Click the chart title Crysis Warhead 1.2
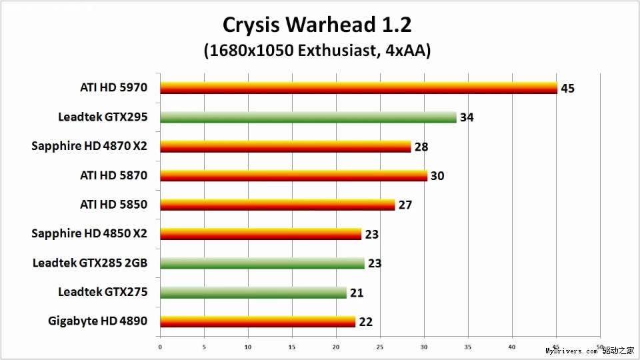pyautogui.click(x=317, y=25)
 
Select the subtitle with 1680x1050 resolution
pyautogui.click(x=317, y=51)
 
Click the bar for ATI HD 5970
pyautogui.click(x=359, y=88)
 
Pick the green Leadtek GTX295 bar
pyautogui.click(x=308, y=117)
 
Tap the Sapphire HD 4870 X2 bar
pyautogui.click(x=285, y=147)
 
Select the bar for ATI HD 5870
pyautogui.click(x=293, y=176)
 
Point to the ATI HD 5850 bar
pyautogui.click(x=277, y=205)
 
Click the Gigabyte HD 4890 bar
pyautogui.click(x=257, y=322)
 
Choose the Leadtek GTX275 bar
pyautogui.click(x=253, y=293)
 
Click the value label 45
pyautogui.click(x=568, y=88)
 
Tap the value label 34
pyautogui.click(x=467, y=117)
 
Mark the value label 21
pyautogui.click(x=357, y=293)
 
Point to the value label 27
pyautogui.click(x=405, y=205)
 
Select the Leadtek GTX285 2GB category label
pyautogui.click(x=90, y=263)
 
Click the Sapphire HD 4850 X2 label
pyautogui.click(x=89, y=234)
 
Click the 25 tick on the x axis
pyautogui.click(x=380, y=347)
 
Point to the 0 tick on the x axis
pyautogui.click(x=160, y=347)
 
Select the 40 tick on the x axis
pyautogui.click(x=512, y=347)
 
